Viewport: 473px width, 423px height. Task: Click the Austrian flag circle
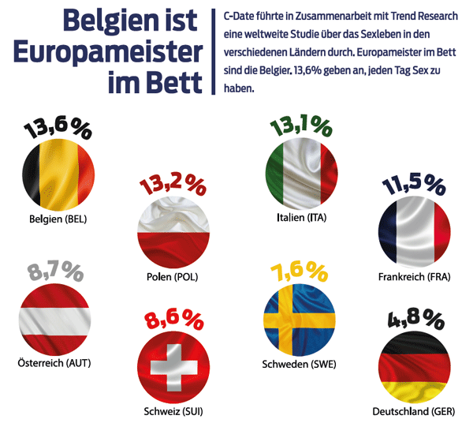(54, 320)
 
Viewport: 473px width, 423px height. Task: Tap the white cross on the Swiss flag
(173, 368)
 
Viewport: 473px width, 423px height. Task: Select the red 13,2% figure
(172, 187)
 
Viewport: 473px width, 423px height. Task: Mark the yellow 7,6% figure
(300, 272)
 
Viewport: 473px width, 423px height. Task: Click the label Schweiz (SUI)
(173, 413)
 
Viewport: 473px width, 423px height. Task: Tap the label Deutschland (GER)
(412, 412)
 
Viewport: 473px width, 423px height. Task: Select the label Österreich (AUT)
(54, 364)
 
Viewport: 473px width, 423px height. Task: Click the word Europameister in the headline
(107, 54)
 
